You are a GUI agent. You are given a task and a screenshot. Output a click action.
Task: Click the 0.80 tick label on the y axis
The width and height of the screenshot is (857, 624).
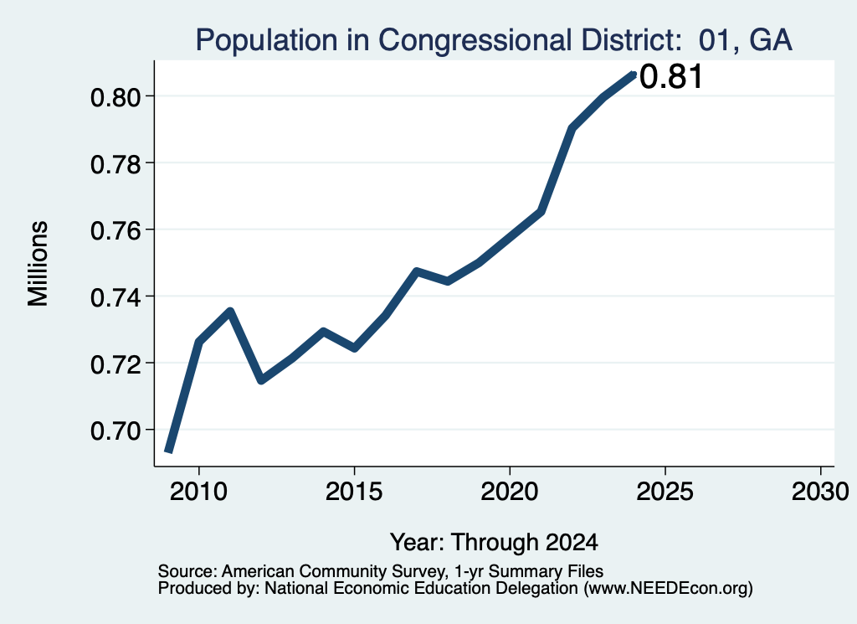[x=115, y=97]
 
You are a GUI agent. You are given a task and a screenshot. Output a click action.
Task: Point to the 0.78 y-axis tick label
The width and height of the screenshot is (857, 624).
[x=115, y=164]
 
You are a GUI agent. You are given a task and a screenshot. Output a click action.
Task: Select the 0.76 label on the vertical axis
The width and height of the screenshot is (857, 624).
[x=115, y=231]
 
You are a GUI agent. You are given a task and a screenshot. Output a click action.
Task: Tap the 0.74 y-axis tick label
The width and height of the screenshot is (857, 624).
[x=115, y=297]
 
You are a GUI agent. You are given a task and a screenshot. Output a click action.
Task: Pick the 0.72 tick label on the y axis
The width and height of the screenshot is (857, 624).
[x=115, y=364]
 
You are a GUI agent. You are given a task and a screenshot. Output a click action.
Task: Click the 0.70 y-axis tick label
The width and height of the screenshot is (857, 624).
[x=115, y=431]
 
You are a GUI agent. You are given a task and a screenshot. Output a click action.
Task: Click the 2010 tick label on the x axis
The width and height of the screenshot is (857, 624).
[x=198, y=491]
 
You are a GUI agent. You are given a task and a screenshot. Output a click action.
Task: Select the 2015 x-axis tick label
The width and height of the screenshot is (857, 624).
[x=354, y=491]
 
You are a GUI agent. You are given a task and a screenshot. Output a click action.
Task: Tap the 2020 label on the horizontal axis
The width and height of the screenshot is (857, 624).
[x=510, y=491]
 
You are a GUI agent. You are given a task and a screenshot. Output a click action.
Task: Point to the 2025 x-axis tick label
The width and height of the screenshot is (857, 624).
[x=665, y=491]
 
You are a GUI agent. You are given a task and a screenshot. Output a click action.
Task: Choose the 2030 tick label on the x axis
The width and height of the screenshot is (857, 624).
[x=820, y=491]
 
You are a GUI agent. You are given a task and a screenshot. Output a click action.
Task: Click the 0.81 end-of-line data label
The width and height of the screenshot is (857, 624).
[x=670, y=76]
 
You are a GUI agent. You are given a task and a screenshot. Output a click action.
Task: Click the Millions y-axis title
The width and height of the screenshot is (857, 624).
[x=38, y=264]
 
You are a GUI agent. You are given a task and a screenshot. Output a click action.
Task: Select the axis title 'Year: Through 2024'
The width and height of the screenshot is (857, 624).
[x=494, y=542]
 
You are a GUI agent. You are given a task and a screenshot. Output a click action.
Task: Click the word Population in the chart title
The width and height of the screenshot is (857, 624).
[x=267, y=40]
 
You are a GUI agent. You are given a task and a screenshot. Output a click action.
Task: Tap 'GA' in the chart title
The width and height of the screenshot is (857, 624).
[x=771, y=40]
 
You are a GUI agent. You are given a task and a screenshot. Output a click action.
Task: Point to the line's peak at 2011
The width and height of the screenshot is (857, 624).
[x=230, y=312]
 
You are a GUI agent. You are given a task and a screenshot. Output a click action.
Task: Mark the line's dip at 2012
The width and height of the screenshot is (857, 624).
[x=261, y=380]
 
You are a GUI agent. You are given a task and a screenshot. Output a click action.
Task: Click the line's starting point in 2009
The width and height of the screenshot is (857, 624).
[x=169, y=451]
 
